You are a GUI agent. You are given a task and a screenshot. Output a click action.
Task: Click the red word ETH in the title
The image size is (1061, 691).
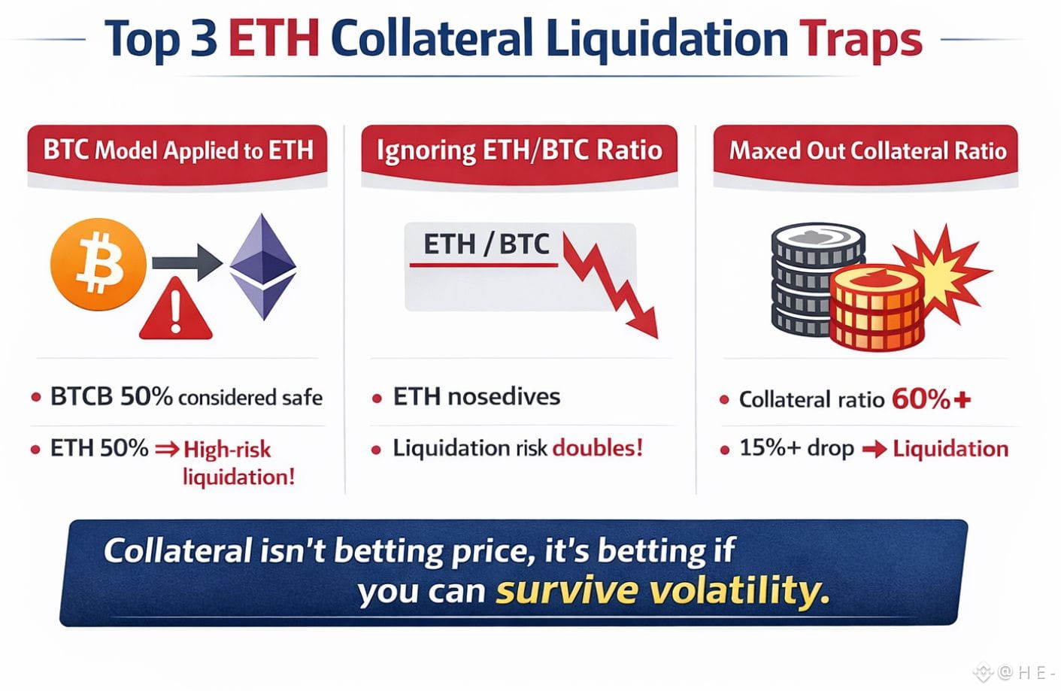pos(274,39)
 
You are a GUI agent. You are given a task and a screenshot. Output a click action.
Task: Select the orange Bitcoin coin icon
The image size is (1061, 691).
pos(99,264)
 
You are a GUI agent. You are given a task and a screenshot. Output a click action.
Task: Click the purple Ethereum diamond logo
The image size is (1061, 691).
pos(263,266)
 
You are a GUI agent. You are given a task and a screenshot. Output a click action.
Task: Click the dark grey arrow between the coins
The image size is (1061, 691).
pos(187,262)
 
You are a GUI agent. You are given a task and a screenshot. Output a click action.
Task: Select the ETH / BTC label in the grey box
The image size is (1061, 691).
pos(486,244)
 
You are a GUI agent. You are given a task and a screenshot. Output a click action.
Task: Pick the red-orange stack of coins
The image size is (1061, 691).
pos(877,308)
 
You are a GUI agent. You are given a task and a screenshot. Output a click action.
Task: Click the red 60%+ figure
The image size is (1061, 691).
pos(931,399)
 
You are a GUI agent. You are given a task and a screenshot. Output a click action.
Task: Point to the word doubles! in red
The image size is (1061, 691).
pos(598,447)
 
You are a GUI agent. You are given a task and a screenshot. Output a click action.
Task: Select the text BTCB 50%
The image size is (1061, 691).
pos(111,396)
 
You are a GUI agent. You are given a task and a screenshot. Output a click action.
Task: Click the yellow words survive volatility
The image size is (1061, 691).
pos(662,590)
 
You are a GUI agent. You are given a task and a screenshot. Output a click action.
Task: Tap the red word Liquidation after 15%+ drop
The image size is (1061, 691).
pos(950,449)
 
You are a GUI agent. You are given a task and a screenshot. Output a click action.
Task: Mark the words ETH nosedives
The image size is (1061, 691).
pos(477,396)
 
